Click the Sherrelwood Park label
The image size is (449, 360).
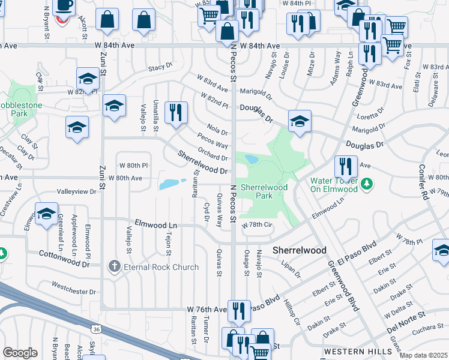pos(264,191)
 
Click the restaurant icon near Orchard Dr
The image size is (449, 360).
pos(176,113)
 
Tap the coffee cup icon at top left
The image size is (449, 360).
pos(64,6)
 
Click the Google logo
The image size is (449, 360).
pos(20,352)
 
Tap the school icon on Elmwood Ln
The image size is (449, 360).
pos(46,215)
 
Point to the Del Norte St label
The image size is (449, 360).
pos(406,318)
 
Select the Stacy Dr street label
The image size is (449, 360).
pos(161,67)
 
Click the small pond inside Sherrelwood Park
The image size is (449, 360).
pos(252,160)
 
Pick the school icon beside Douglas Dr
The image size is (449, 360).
pos(298,121)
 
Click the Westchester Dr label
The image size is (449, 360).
pos(74,292)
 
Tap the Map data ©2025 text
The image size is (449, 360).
pos(423,355)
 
